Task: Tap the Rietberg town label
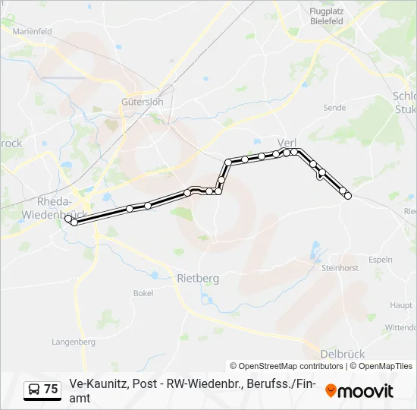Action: [x=198, y=279]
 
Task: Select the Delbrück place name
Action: [x=343, y=354]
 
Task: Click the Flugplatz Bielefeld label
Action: [x=327, y=16]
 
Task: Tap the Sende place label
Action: [x=334, y=109]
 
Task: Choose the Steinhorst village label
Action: [x=339, y=268]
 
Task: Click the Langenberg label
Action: [x=74, y=342]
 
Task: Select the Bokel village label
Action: [x=143, y=293]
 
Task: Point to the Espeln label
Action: [x=380, y=260]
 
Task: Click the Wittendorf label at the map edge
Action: [x=400, y=328]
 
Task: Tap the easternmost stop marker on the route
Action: [x=348, y=196]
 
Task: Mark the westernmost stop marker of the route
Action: [x=68, y=219]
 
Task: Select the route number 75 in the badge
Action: [x=51, y=389]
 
